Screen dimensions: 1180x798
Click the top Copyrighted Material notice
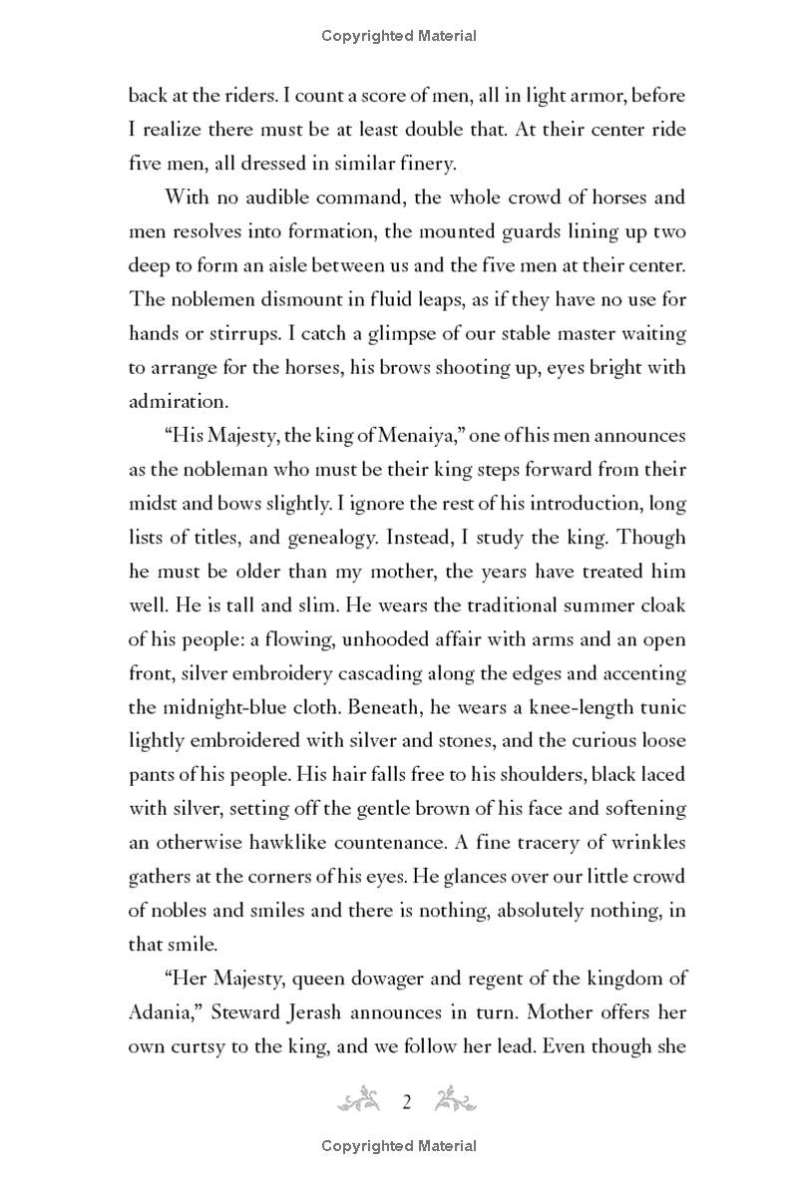(x=399, y=37)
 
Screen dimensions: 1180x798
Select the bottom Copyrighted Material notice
(x=399, y=1146)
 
